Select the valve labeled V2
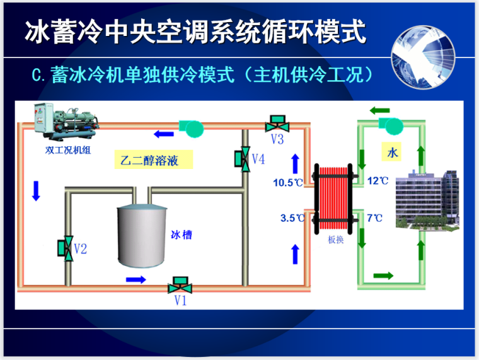(x=65, y=247)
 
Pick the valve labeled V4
(x=241, y=158)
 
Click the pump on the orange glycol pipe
(x=191, y=127)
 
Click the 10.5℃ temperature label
(x=287, y=183)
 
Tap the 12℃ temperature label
(x=378, y=181)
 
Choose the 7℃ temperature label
(x=374, y=218)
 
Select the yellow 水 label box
(x=393, y=152)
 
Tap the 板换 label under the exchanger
(x=335, y=240)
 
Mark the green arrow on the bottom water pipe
(x=383, y=276)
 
